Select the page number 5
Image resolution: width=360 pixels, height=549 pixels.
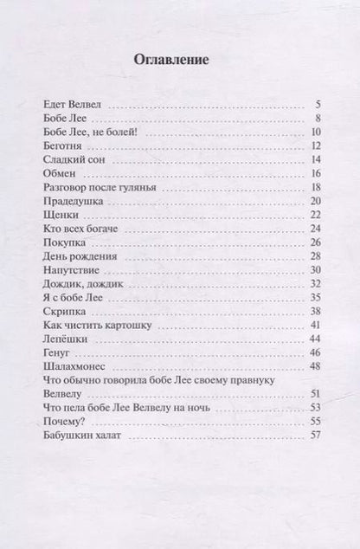319,103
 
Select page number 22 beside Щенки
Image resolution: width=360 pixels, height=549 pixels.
317,214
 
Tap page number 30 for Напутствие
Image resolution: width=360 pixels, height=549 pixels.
317,269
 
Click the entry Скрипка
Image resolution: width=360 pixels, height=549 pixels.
64,311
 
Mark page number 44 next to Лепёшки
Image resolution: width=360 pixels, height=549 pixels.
317,339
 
